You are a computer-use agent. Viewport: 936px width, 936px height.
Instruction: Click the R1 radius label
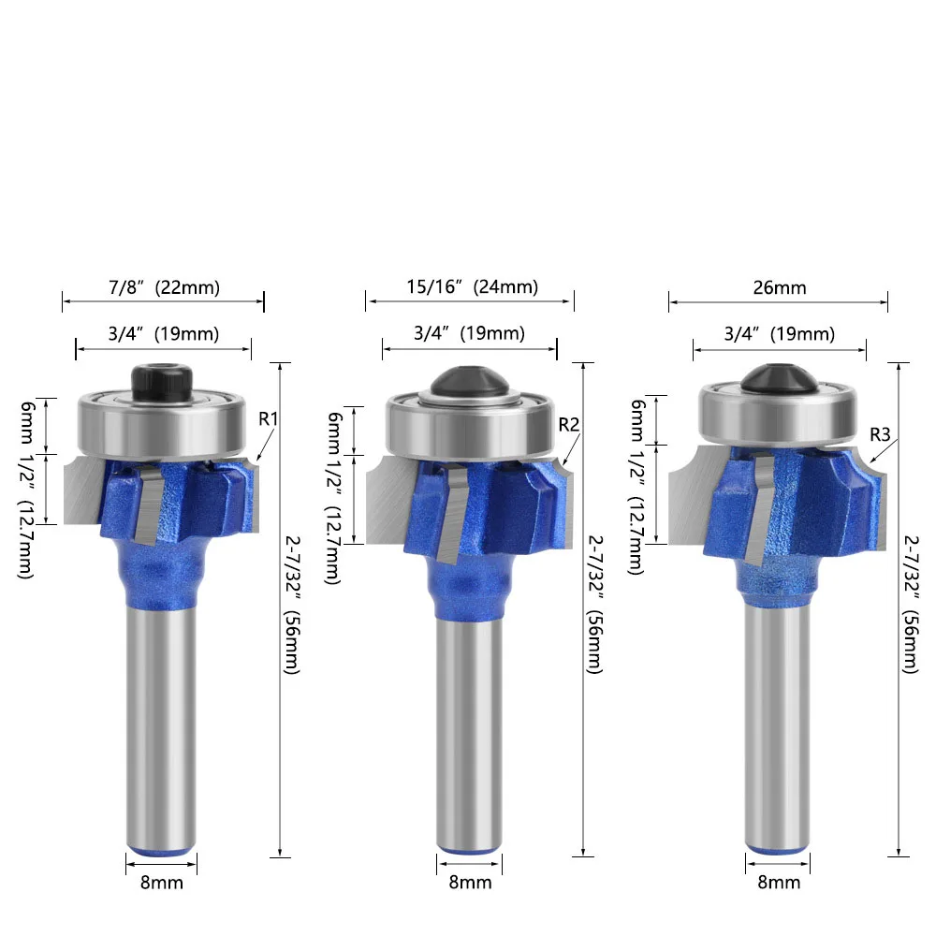pos(269,419)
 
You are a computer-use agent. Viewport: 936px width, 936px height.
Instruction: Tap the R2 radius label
pos(569,424)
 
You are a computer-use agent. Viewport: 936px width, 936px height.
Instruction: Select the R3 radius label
pos(880,434)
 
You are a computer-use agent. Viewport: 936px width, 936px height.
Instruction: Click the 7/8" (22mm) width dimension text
pos(164,287)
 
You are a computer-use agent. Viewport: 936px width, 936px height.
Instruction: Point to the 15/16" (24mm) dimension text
pos(472,287)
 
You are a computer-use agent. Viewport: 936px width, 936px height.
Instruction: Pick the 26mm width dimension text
pos(780,287)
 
